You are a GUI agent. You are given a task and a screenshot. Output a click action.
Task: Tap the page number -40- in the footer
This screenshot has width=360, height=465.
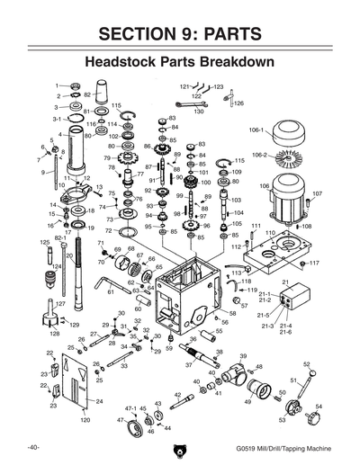point(34,447)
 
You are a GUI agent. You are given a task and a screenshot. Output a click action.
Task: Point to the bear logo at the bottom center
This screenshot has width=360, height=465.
point(179,446)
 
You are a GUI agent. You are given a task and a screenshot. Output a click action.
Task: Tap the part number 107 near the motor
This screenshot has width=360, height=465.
point(318,193)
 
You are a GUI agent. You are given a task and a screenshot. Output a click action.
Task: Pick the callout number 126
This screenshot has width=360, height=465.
point(238,103)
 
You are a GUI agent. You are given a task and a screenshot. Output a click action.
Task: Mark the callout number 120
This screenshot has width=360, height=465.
point(85,420)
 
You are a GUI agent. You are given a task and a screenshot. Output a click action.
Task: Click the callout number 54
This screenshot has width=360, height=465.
point(319,407)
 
